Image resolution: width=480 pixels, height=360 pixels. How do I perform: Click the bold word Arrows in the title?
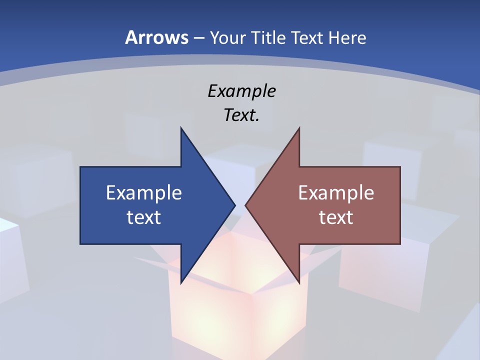click(156, 37)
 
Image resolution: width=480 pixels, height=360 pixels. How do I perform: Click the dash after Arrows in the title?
click(198, 38)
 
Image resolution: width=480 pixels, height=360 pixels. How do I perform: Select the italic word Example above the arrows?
click(241, 91)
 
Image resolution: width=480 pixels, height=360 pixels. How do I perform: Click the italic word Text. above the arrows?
click(241, 115)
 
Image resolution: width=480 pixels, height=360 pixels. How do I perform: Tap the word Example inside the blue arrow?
click(144, 193)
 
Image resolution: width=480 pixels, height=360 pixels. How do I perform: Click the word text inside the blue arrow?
click(144, 217)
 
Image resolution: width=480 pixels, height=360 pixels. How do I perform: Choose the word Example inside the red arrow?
click(336, 193)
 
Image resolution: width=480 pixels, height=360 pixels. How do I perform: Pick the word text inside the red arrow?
click(336, 217)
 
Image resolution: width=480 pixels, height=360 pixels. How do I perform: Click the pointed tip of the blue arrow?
click(234, 205)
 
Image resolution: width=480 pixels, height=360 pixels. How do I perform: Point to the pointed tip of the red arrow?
click(246, 205)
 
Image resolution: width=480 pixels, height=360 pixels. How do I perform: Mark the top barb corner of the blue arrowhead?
click(181, 128)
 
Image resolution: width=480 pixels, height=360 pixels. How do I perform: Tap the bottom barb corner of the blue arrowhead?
click(181, 282)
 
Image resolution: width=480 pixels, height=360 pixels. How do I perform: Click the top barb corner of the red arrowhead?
click(299, 128)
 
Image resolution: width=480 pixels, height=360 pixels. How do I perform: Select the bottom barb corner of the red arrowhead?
click(299, 282)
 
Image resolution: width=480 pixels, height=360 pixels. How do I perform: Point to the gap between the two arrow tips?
click(240, 205)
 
